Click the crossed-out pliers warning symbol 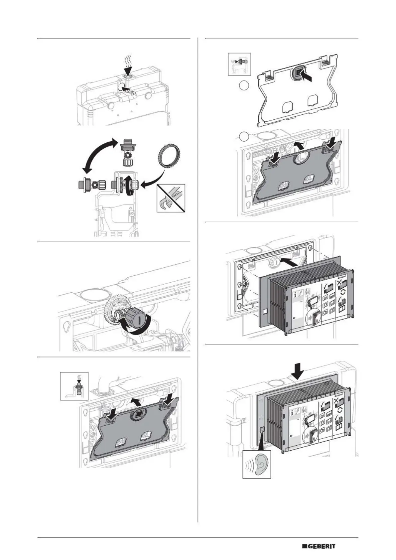[x=171, y=198]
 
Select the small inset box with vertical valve [x=74, y=386]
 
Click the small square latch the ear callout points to [x=261, y=429]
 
